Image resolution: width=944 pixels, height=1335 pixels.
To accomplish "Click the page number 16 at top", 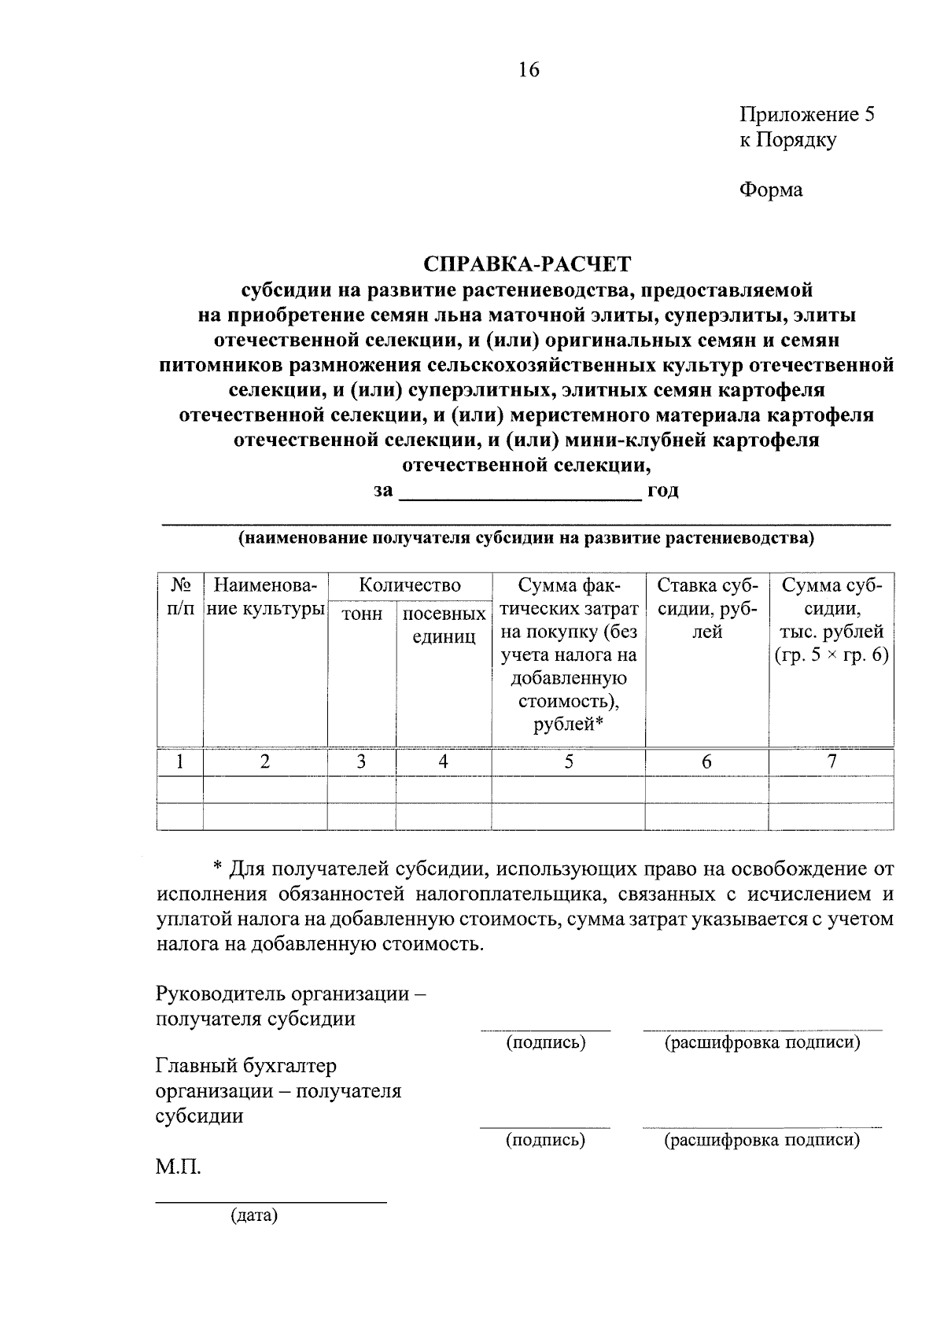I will pyautogui.click(x=529, y=70).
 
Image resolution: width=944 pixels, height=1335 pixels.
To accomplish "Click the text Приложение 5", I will pyautogui.click(x=806, y=115).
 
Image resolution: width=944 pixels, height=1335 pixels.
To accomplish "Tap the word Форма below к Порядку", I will pyautogui.click(x=770, y=190).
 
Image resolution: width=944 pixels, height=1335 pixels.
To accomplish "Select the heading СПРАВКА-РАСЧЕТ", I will pyautogui.click(x=528, y=264).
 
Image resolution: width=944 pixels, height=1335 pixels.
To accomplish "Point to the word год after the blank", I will pyautogui.click(x=662, y=491).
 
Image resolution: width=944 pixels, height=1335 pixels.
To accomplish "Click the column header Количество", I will pyautogui.click(x=409, y=585).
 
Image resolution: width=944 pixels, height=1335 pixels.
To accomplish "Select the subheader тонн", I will pyautogui.click(x=361, y=614).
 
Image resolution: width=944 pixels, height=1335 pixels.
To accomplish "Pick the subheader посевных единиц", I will pyautogui.click(x=444, y=625).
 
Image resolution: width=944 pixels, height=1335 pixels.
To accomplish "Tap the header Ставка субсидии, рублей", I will pyautogui.click(x=706, y=608).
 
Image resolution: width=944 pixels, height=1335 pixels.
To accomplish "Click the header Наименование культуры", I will pyautogui.click(x=265, y=597).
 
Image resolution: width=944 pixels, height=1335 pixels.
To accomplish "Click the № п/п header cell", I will pyautogui.click(x=180, y=597).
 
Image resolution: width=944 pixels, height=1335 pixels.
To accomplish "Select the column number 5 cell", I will pyautogui.click(x=568, y=762).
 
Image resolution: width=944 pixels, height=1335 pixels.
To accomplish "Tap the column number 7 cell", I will pyautogui.click(x=831, y=761).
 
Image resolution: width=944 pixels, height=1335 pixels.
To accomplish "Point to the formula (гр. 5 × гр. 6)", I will pyautogui.click(x=831, y=655).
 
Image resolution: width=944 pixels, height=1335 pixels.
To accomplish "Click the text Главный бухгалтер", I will pyautogui.click(x=246, y=1066).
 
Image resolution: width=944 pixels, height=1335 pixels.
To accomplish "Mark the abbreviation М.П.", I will pyautogui.click(x=178, y=1167).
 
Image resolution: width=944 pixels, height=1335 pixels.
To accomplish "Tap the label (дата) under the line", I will pyautogui.click(x=254, y=1216).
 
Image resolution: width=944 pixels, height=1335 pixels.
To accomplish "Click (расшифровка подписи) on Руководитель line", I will pyautogui.click(x=761, y=1043).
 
